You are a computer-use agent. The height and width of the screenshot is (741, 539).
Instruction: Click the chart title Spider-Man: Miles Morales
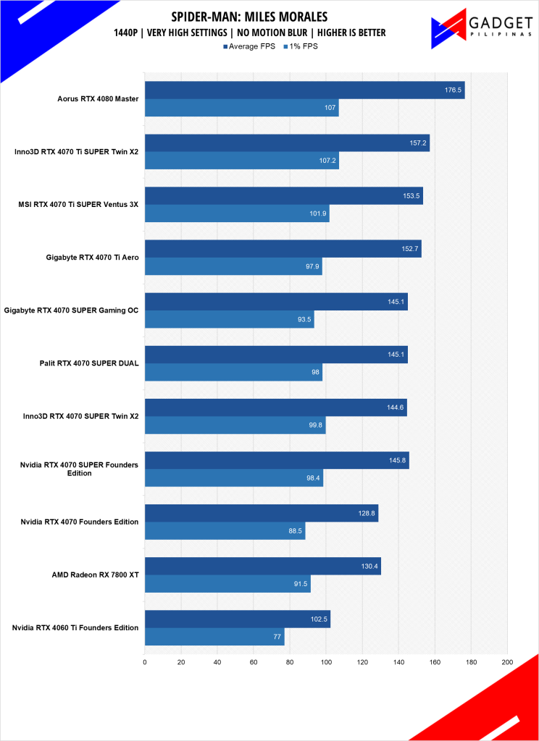click(249, 17)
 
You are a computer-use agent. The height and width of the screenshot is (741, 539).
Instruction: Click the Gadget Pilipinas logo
click(479, 30)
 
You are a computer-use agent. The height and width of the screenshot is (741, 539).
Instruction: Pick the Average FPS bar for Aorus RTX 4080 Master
click(304, 90)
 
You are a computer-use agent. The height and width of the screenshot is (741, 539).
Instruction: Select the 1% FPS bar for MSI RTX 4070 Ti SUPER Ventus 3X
click(237, 213)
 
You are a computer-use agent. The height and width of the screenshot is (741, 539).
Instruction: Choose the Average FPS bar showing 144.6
click(275, 407)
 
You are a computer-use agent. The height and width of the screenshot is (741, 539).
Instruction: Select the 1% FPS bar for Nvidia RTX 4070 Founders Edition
click(225, 530)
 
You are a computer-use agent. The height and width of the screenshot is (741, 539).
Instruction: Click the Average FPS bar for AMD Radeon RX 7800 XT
click(262, 566)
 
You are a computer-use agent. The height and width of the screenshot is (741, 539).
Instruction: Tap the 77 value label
click(276, 637)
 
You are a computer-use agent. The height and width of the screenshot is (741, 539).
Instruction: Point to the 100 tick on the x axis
click(326, 661)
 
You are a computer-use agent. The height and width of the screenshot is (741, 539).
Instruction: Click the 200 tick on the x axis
click(507, 661)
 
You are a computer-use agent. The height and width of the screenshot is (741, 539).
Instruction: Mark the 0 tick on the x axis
click(145, 661)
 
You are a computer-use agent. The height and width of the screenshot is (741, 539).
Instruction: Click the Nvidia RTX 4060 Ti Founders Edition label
click(75, 627)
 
